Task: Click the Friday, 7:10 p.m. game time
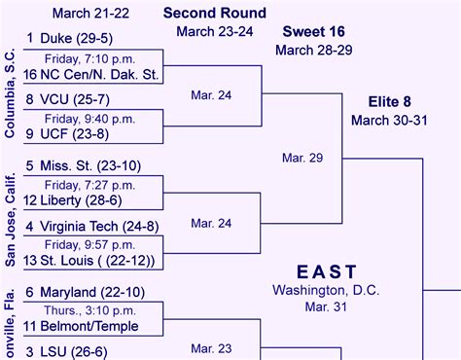point(106,56)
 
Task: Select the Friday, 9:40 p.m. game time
point(106,117)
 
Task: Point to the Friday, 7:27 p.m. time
point(106,183)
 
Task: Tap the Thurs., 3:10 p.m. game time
point(106,308)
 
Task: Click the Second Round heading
point(215,13)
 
